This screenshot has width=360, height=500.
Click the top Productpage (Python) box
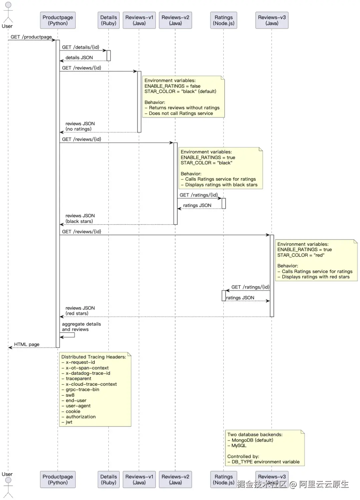point(58,20)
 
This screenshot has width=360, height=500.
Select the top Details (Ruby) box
point(109,20)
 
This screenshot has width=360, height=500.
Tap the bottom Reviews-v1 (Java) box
point(139,479)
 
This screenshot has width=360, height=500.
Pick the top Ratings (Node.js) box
point(224,20)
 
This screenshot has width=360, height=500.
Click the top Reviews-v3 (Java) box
point(272,20)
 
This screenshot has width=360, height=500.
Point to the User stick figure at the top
point(8,12)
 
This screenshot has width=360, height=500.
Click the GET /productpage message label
point(31,37)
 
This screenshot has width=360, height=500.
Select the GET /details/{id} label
point(81,47)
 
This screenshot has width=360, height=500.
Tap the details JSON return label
point(79,58)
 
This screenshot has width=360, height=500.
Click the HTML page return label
point(27,344)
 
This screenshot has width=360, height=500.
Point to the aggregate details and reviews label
point(81,326)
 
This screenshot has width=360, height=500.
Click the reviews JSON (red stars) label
point(80,311)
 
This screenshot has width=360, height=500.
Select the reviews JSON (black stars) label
point(80,219)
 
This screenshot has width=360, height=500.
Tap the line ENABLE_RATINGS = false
point(172,86)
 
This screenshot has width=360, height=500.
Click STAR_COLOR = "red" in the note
point(301,255)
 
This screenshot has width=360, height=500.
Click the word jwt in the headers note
point(69,422)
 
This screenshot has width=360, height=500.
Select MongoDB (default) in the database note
point(252,440)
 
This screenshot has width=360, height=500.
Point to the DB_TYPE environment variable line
point(266,462)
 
